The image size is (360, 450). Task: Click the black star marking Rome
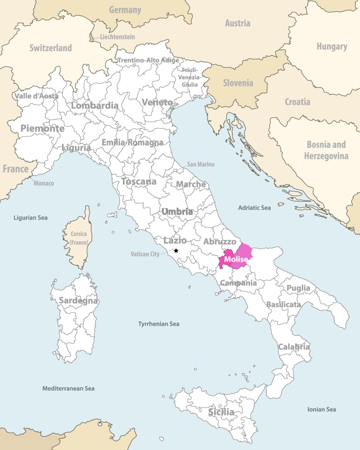[176, 251]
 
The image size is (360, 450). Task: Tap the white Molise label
[236, 259]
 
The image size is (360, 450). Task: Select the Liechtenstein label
[117, 37]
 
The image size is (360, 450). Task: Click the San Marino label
[200, 164]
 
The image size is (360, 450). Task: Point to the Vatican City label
[145, 254]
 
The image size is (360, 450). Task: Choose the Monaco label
[44, 183]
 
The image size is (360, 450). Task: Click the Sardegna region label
[78, 301]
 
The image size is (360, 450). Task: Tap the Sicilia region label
[221, 412]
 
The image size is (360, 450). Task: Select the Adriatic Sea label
[254, 208]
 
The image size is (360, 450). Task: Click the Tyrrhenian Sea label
[159, 324]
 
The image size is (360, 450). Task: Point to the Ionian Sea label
[321, 409]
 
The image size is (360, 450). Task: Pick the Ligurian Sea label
[30, 218]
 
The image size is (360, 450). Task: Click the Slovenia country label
[238, 83]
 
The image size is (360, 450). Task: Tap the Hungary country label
[332, 46]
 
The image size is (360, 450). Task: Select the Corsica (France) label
[78, 238]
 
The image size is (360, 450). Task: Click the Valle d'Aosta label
[36, 96]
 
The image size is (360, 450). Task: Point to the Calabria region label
[294, 347]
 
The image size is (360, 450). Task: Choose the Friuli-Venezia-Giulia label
[190, 77]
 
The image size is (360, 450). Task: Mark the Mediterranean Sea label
[68, 388]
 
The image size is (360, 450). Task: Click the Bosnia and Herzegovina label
[326, 150]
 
